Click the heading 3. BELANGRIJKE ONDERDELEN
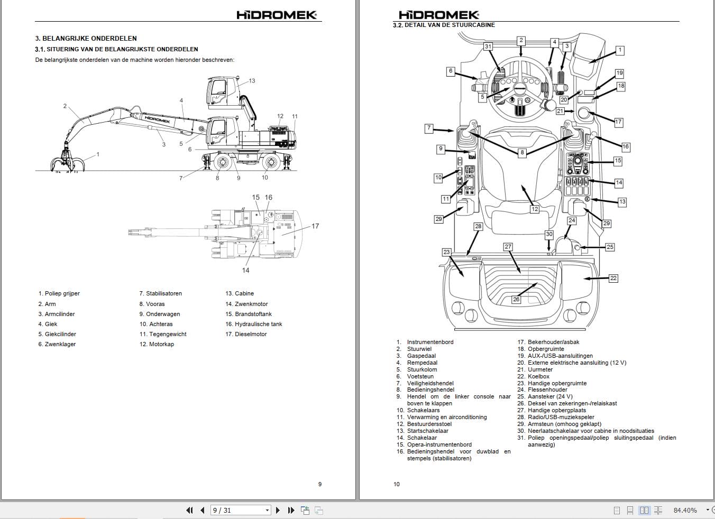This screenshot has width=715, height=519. coord(86,39)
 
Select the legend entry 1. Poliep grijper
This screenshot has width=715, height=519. coord(59,293)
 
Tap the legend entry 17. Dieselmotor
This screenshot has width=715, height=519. coord(246,334)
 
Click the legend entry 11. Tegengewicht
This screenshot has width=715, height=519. coord(163,334)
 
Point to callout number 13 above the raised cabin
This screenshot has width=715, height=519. coord(252,81)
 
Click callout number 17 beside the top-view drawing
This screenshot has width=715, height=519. coord(315,226)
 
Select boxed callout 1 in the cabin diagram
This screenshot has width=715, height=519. coord(620,51)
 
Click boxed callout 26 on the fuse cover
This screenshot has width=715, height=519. coord(516,299)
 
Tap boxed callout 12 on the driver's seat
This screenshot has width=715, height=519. coord(535,209)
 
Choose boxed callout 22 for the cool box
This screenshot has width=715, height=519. coord(613,278)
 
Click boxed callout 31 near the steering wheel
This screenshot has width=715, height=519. coord(488,47)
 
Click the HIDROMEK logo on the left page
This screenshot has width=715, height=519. coord(276,15)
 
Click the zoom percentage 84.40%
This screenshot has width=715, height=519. coord(685,510)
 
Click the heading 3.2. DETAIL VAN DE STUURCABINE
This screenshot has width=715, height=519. coord(444,25)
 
